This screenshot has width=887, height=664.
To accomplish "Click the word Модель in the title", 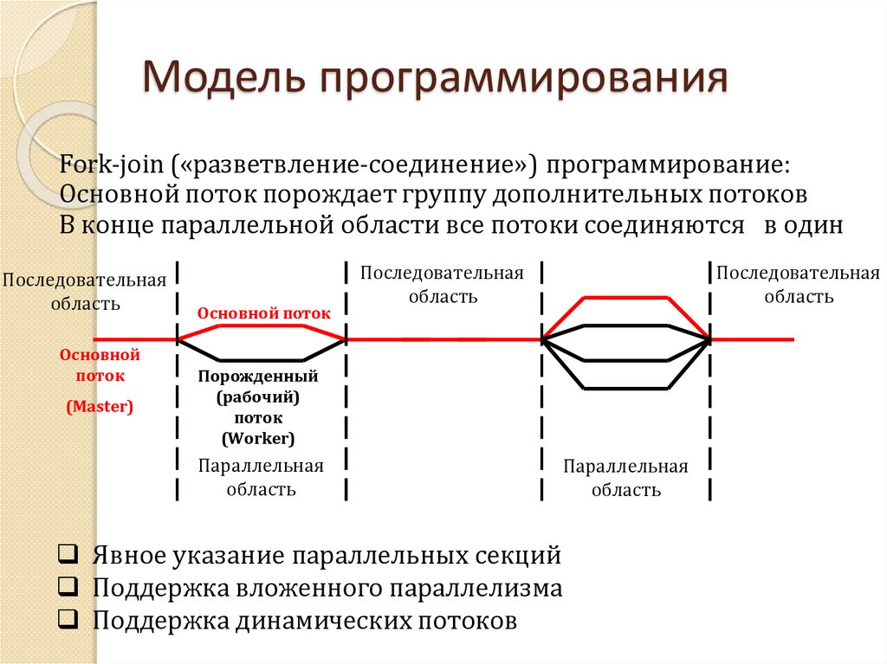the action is click(x=227, y=81).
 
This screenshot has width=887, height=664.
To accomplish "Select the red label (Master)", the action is click(x=100, y=406).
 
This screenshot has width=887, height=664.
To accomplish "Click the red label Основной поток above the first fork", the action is click(x=264, y=313).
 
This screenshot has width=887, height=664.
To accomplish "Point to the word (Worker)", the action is click(x=258, y=437).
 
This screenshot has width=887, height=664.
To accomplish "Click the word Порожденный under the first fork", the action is click(x=258, y=377).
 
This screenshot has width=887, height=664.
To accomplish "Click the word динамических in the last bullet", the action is click(x=317, y=621).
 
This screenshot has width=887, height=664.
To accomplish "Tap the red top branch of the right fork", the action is click(x=626, y=298).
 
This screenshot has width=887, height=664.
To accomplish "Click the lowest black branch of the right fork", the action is click(x=626, y=388).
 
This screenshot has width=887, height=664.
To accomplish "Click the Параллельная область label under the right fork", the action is click(x=626, y=478).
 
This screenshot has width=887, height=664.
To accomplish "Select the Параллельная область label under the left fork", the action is click(x=261, y=477).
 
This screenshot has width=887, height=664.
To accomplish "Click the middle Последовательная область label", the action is click(x=442, y=285).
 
